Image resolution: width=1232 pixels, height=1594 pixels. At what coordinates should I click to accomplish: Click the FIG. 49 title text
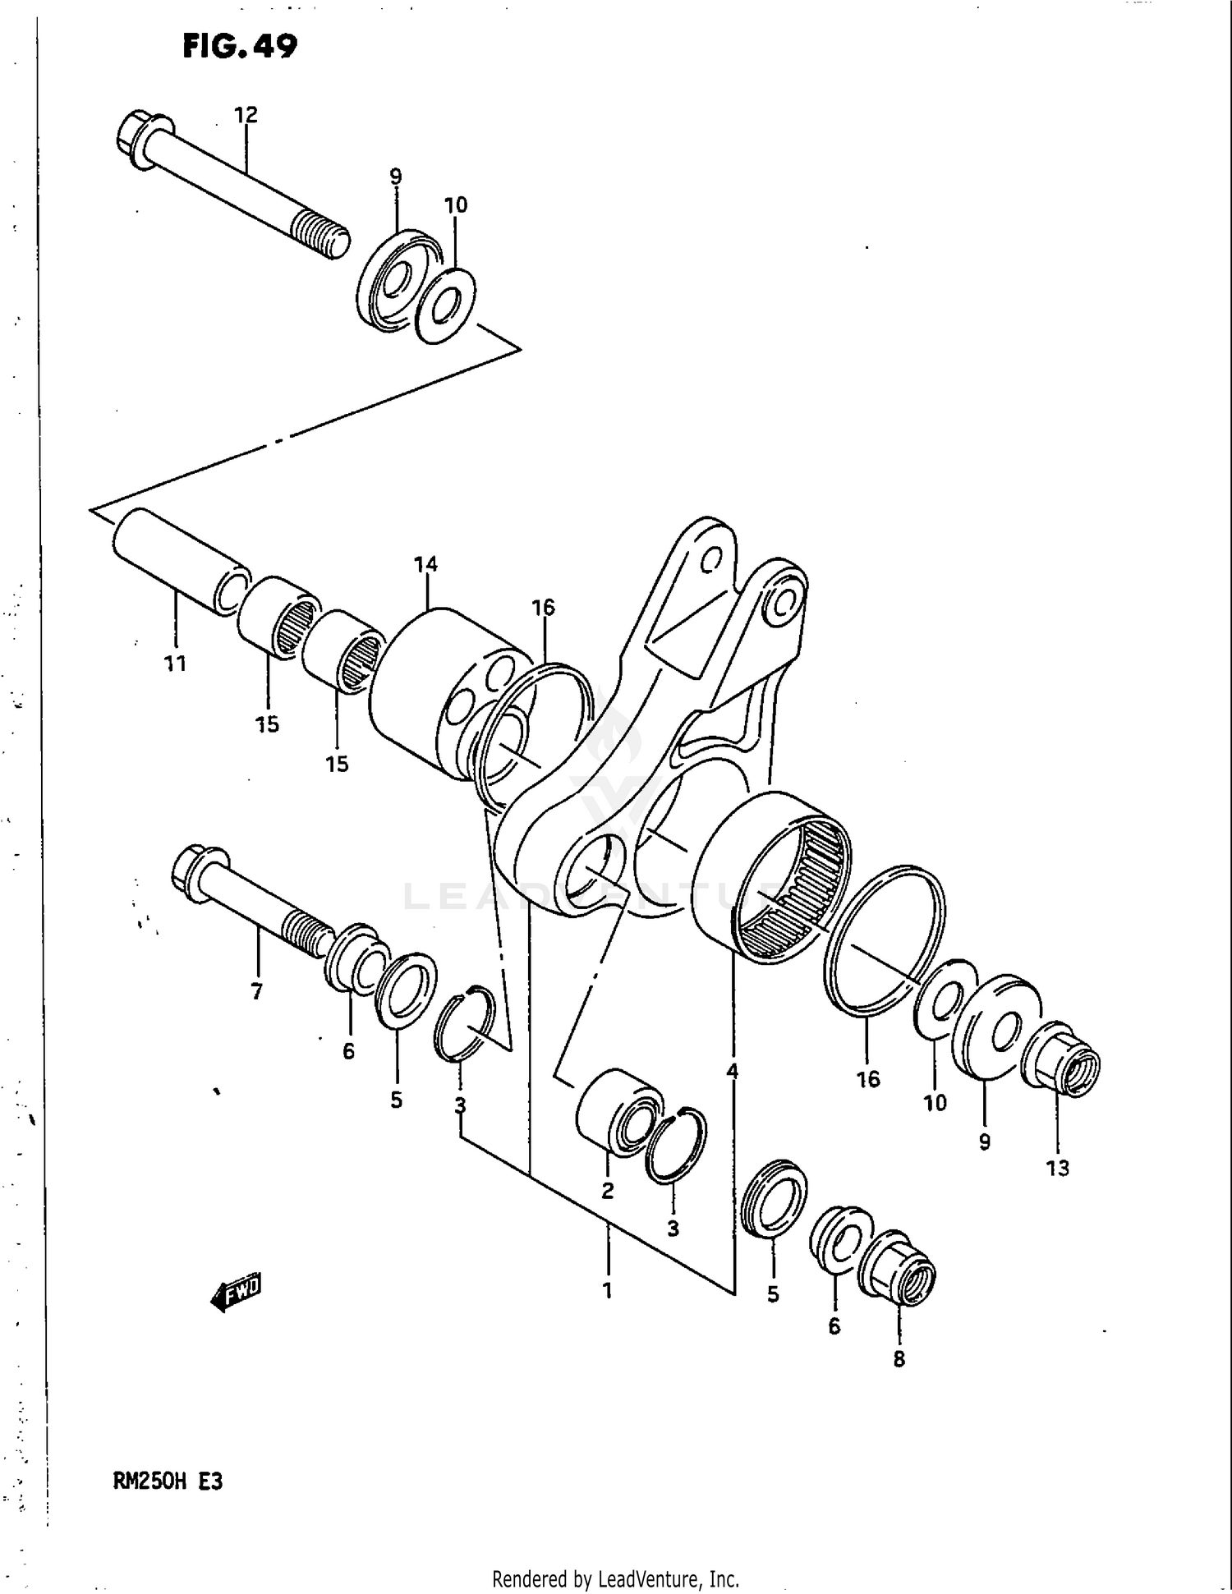[239, 46]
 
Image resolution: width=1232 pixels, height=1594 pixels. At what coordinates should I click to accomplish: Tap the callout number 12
[246, 115]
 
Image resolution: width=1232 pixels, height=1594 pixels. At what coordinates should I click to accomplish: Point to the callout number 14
[425, 564]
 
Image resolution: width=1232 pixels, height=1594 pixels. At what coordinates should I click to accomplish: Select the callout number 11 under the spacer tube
[175, 663]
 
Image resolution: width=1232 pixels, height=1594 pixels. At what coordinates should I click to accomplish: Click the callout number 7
[257, 992]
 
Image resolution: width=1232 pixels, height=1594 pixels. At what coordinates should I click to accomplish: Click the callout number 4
[732, 1071]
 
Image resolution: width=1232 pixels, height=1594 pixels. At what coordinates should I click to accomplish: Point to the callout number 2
[607, 1191]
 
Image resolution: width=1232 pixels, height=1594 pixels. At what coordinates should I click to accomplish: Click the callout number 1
[607, 1290]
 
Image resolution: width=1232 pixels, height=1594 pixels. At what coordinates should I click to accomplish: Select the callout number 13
[1058, 1168]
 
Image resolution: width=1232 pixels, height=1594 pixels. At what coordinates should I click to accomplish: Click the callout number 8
[899, 1359]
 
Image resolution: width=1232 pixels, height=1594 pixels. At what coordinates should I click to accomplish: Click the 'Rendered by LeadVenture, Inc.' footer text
[615, 1578]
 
